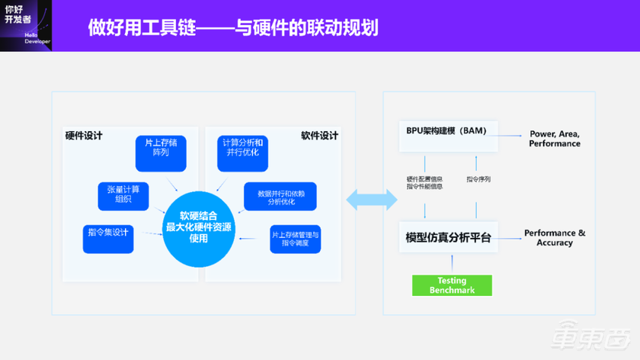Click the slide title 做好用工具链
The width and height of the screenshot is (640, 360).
[x=233, y=28]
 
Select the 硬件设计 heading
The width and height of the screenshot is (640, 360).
[x=84, y=136]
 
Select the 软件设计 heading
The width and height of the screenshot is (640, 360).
[x=319, y=136]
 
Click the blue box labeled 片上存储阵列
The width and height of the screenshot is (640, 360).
[x=160, y=153]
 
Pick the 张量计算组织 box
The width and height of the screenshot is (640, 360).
[x=123, y=195]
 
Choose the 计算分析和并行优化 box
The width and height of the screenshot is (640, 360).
[x=242, y=153]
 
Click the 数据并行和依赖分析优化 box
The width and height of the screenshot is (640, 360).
[x=280, y=197]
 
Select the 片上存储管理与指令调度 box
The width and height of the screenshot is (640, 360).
[x=296, y=239]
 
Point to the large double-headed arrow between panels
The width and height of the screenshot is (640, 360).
[x=371, y=200]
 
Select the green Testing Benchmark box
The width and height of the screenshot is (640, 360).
[x=452, y=285]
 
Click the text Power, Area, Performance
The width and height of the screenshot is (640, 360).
[x=554, y=139]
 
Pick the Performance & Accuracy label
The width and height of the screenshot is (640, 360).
[x=554, y=238]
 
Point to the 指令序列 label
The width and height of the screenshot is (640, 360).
[x=478, y=179]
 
